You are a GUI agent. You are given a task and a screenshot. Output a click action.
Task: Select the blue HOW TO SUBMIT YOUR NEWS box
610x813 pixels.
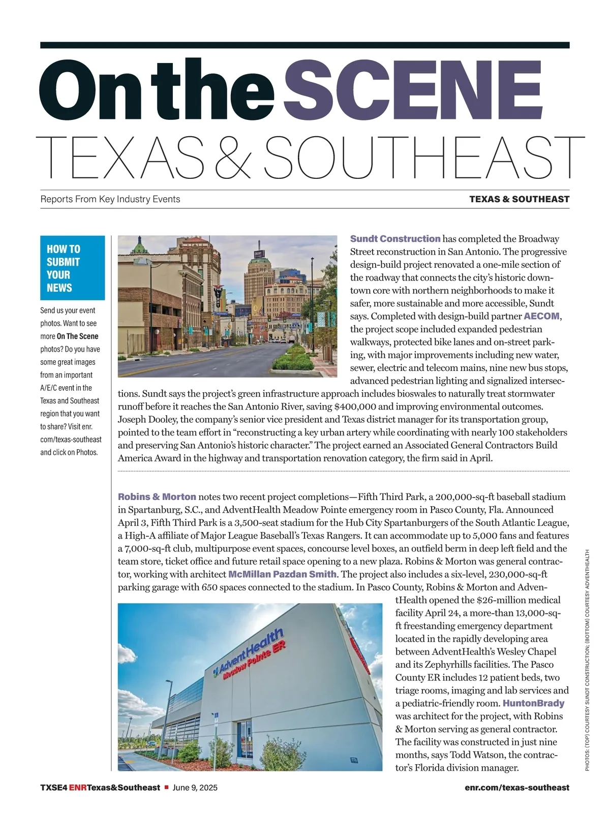[72, 268]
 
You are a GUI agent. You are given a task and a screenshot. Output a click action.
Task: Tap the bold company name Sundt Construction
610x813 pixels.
[395, 239]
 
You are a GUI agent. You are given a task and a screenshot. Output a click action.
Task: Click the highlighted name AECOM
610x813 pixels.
[541, 316]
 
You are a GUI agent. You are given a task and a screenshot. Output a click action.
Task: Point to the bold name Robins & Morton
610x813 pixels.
[157, 496]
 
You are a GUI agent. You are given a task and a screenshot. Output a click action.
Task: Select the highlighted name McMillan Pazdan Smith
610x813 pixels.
[282, 574]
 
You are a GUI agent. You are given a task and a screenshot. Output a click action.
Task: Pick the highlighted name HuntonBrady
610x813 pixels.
[533, 703]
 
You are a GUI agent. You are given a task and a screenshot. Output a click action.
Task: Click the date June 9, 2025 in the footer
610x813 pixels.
[195, 788]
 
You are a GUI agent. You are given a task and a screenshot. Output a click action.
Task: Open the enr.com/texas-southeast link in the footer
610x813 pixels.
[516, 788]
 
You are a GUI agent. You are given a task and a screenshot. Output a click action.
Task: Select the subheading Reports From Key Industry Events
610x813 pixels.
[110, 199]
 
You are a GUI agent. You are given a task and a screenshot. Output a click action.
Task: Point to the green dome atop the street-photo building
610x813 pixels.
[138, 246]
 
